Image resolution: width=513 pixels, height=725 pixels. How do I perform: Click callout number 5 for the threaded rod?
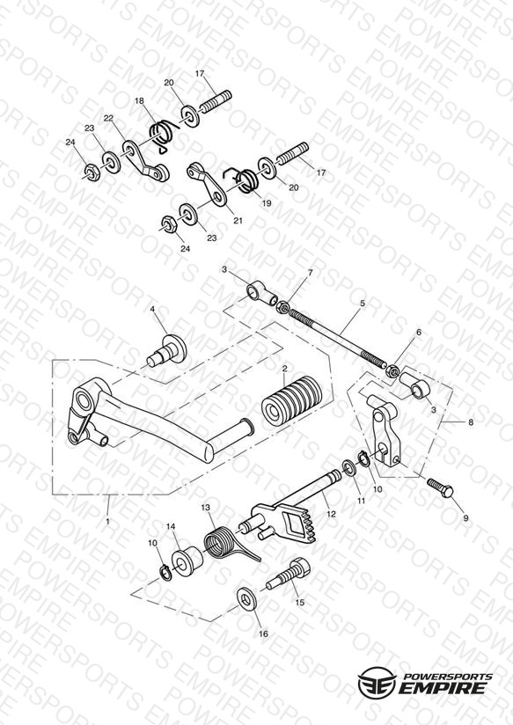pyautogui.click(x=363, y=304)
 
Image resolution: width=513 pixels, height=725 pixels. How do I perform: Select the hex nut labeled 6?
pyautogui.click(x=392, y=370)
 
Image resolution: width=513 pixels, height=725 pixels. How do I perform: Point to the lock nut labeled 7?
pyautogui.click(x=282, y=306)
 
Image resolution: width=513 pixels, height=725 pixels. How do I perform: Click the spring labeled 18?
pyautogui.click(x=163, y=135)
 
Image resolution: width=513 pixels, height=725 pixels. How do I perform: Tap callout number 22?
pyautogui.click(x=108, y=119)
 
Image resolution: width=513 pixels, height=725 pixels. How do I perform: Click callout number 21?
pyautogui.click(x=238, y=221)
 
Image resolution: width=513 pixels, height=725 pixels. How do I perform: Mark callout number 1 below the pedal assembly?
pyautogui.click(x=107, y=521)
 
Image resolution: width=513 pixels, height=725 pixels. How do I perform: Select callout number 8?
pyautogui.click(x=471, y=422)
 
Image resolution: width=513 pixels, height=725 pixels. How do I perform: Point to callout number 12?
pyautogui.click(x=330, y=514)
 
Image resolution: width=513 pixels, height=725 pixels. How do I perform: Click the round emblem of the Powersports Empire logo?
pyautogui.click(x=377, y=683)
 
